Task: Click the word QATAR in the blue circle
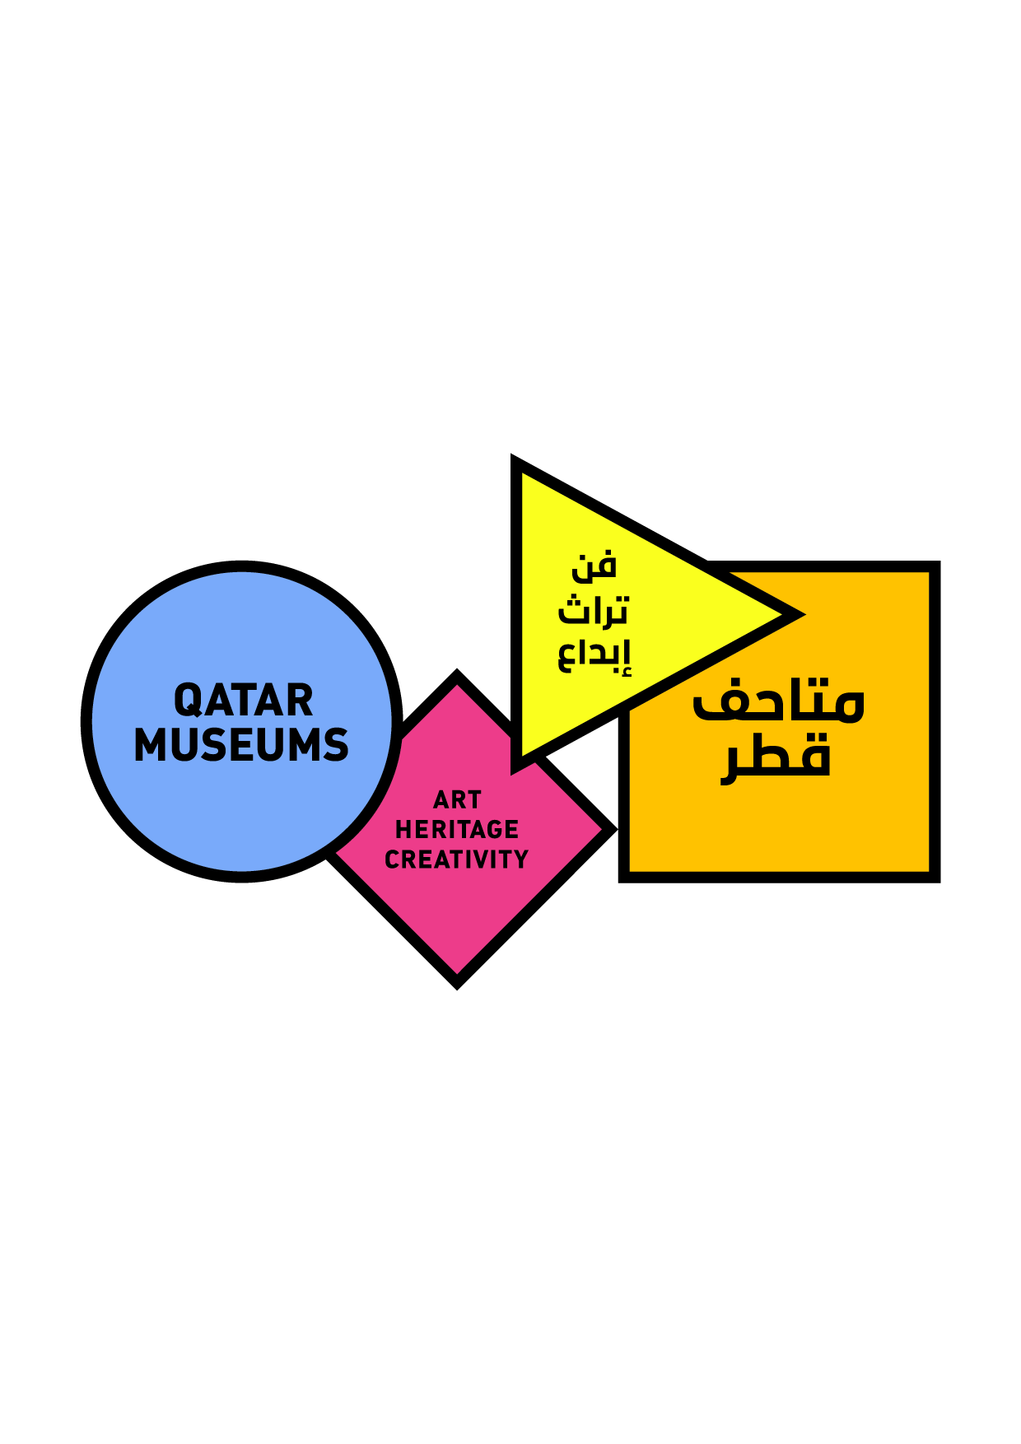click(x=243, y=701)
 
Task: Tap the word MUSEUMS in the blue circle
click(x=241, y=745)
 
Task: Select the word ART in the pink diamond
click(x=457, y=799)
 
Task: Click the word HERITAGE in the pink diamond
click(x=457, y=829)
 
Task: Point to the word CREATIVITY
click(x=457, y=859)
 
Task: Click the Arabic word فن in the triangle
click(x=594, y=566)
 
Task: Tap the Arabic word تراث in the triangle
click(x=593, y=610)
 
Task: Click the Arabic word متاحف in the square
click(x=778, y=702)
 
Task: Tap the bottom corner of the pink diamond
click(x=457, y=988)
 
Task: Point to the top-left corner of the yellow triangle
click(x=512, y=455)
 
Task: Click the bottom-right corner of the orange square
click(x=939, y=882)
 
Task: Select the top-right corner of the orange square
click(x=939, y=562)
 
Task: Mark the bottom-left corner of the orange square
click(x=620, y=882)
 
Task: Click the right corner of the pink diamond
click(x=617, y=829)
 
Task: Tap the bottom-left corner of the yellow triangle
click(x=512, y=774)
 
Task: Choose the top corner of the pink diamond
click(x=457, y=670)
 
